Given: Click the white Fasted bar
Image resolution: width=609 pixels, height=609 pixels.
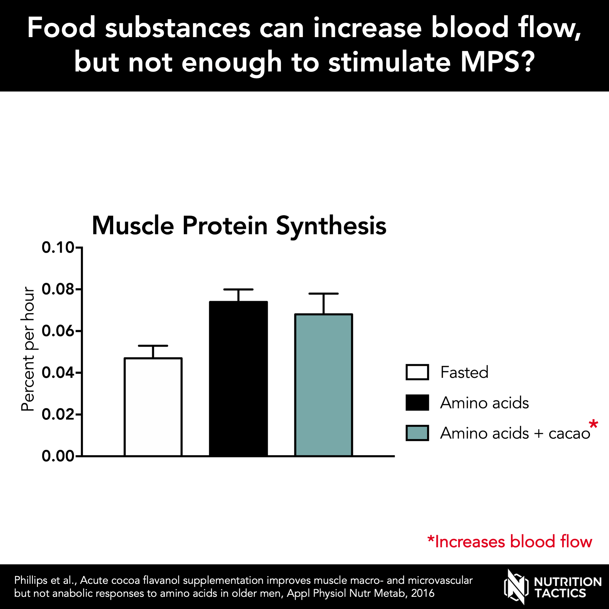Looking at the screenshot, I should [153, 407].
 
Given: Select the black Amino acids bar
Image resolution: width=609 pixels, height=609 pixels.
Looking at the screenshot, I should [238, 378].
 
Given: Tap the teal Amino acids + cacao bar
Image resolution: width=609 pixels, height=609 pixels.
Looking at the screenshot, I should [323, 385].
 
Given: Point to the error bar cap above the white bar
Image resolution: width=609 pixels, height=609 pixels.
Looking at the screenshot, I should [153, 346].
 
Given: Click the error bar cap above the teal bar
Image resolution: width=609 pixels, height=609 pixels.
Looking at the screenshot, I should [323, 294].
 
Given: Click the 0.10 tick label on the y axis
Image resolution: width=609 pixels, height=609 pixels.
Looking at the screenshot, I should [58, 247].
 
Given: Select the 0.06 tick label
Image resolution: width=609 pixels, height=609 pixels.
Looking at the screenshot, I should [58, 331].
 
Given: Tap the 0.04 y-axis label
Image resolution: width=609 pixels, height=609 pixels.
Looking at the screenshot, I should [58, 373].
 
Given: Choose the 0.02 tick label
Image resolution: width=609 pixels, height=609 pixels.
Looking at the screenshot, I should [58, 414].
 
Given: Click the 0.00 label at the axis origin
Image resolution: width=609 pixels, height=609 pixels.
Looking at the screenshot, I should [58, 456].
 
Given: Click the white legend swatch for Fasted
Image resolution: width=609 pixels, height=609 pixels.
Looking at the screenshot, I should [417, 372].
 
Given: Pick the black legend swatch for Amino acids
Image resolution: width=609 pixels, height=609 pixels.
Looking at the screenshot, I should [417, 403].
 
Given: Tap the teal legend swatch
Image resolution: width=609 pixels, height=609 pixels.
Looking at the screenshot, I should [417, 433].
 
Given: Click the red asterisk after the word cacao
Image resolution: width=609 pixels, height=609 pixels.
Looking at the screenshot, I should [593, 424].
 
